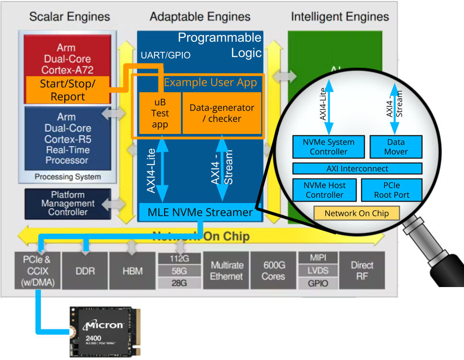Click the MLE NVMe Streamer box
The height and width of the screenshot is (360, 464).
(x=200, y=212)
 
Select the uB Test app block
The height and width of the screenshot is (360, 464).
(x=160, y=113)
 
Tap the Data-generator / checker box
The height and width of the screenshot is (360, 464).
(x=222, y=113)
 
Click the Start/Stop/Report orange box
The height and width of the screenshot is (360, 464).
(x=68, y=90)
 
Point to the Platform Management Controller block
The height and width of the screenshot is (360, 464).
(x=68, y=203)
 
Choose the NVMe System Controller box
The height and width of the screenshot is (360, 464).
(x=328, y=147)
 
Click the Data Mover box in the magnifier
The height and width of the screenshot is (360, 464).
(x=396, y=147)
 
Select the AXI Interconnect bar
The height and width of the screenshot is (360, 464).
(x=357, y=168)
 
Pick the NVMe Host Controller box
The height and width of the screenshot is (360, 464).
(x=324, y=190)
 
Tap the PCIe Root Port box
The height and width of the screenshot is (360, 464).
(x=392, y=190)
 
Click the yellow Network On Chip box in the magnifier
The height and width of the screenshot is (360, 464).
(x=357, y=213)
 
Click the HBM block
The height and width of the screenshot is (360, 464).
(x=132, y=271)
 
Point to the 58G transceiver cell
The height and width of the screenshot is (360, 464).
(x=179, y=271)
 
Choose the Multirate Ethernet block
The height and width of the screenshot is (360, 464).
(x=226, y=271)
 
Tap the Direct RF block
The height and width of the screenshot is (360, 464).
(x=362, y=271)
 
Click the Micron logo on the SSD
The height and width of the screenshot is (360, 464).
(x=103, y=325)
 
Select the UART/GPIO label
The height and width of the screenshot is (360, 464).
(x=165, y=55)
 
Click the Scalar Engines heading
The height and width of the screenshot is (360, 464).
(x=70, y=17)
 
